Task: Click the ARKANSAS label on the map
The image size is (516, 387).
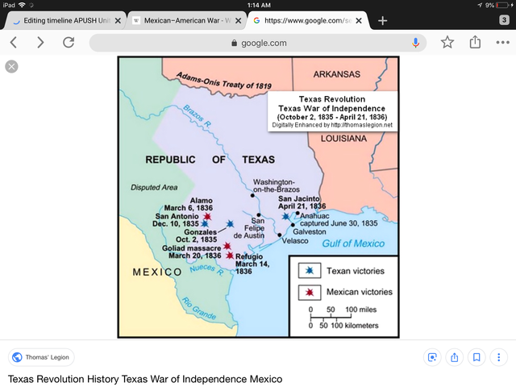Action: (336, 74)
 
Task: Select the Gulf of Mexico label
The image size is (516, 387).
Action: (352, 243)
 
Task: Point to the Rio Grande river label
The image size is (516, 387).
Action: (199, 307)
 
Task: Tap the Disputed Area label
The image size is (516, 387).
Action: (154, 187)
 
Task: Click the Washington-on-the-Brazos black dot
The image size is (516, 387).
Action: (252, 195)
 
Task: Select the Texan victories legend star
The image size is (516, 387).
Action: (309, 271)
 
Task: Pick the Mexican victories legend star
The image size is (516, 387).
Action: (309, 291)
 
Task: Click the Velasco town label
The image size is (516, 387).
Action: (296, 240)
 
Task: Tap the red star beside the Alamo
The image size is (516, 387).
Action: (208, 216)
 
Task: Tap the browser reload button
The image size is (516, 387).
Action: (69, 42)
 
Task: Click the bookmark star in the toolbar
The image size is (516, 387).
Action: (447, 42)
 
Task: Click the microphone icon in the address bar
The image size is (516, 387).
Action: (416, 43)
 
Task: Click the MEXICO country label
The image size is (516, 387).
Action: (157, 272)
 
